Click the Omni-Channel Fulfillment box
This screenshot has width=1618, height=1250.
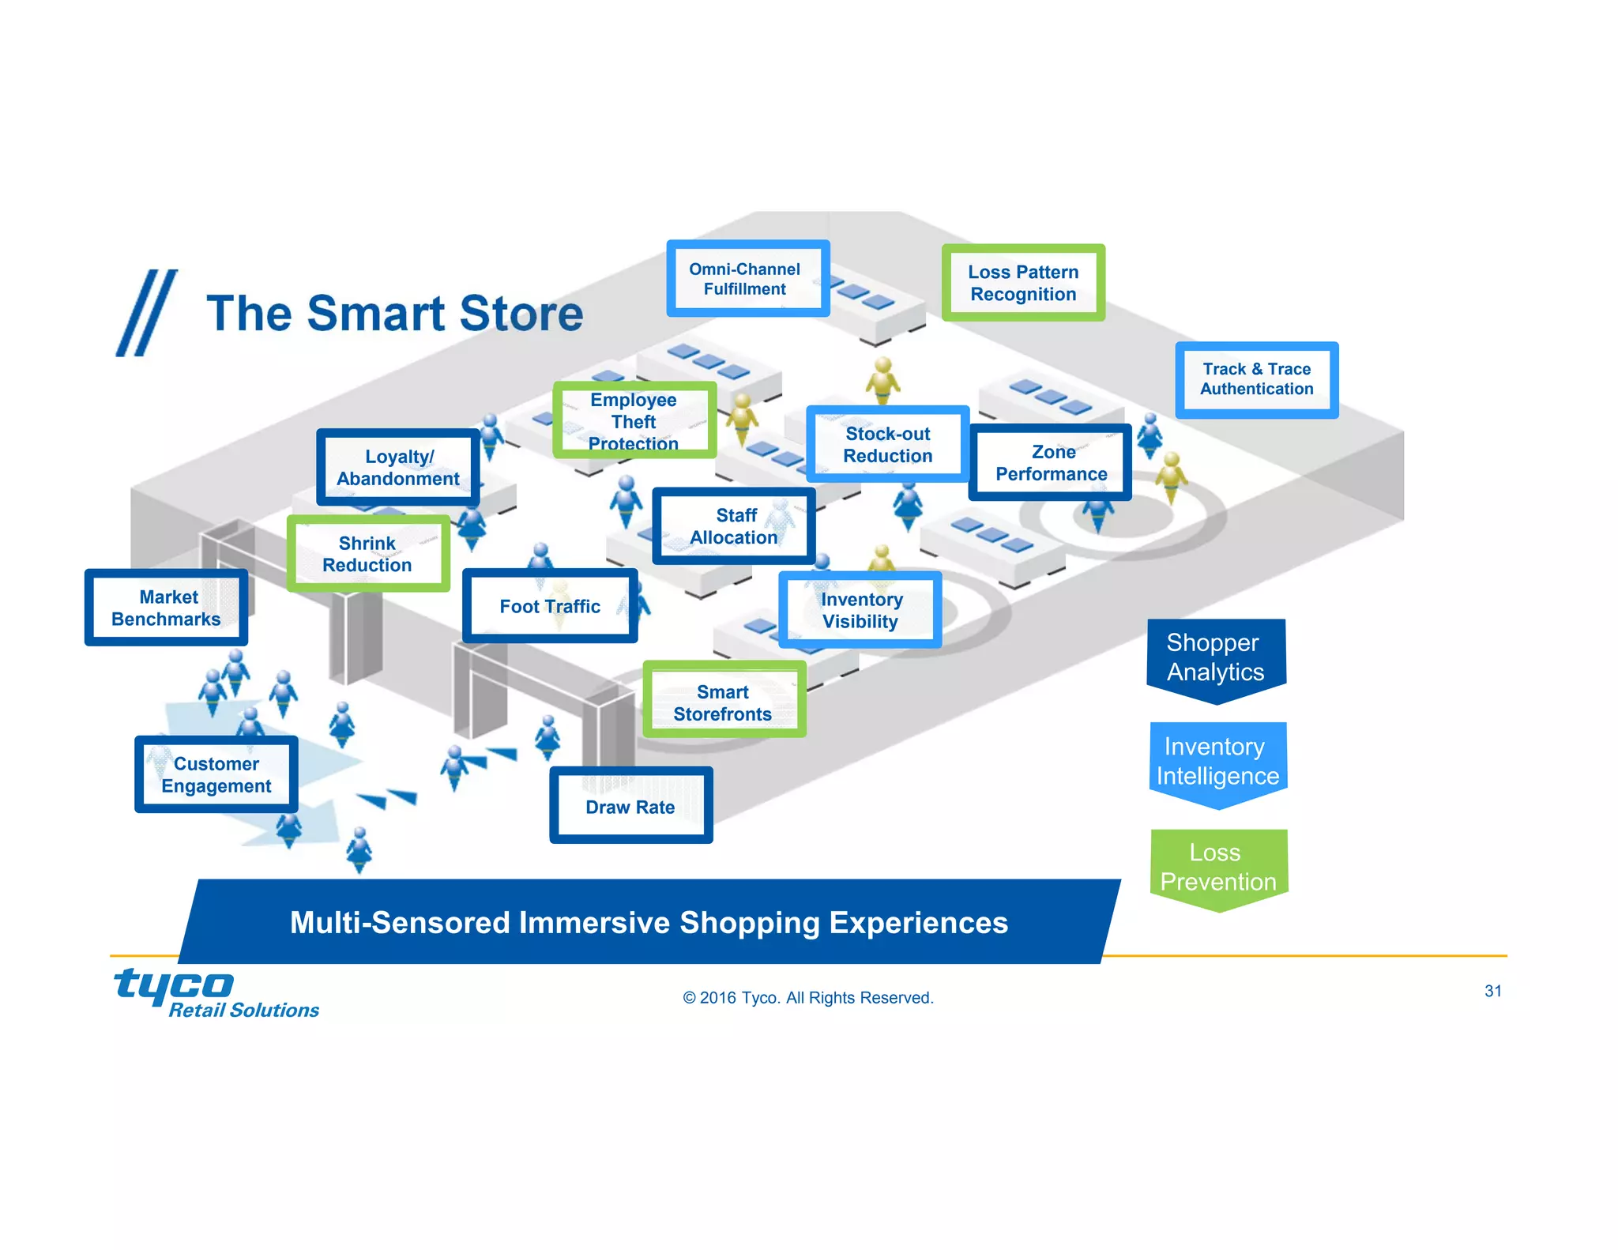[747, 279]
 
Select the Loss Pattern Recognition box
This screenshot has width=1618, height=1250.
[1023, 283]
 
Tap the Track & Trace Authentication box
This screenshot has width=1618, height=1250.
[1256, 379]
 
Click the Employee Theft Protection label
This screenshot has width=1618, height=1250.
[634, 420]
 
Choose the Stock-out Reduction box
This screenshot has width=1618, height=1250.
[887, 445]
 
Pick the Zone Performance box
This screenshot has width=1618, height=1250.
[1050, 463]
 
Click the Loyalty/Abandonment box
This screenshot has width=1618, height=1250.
[398, 468]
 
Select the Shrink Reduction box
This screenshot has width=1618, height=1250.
[368, 554]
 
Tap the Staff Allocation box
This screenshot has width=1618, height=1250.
[734, 526]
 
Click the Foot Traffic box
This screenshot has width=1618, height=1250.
[550, 606]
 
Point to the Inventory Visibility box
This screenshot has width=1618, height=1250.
[860, 610]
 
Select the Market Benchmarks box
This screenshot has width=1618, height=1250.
[166, 608]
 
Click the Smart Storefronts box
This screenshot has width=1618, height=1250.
[724, 702]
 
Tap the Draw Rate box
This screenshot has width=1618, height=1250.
[630, 806]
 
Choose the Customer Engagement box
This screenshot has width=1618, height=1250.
[216, 774]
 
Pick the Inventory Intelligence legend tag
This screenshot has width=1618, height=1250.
[1217, 762]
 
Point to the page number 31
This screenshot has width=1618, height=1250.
[1492, 991]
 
